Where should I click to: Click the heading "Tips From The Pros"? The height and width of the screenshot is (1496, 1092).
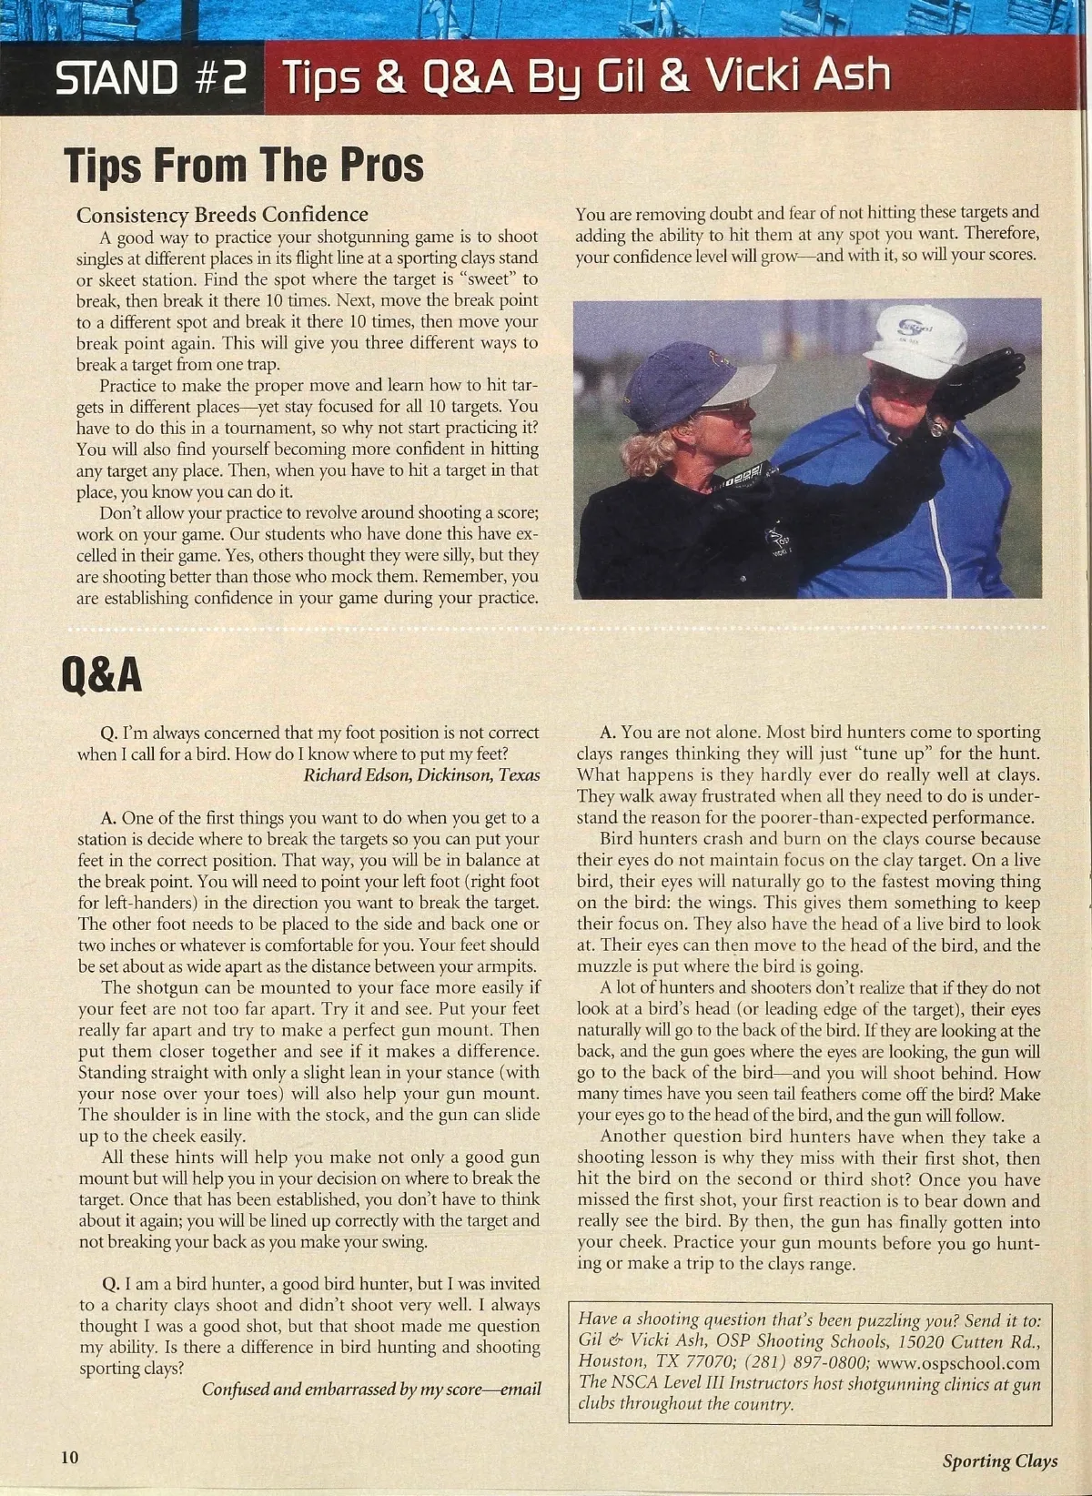[x=244, y=166]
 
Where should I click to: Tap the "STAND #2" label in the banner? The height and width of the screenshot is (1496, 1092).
[x=150, y=78]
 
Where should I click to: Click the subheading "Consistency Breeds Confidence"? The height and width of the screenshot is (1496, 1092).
[x=222, y=215]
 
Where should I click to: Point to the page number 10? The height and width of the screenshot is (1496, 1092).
[x=70, y=1457]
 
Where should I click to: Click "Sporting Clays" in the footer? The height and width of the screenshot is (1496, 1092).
[x=999, y=1461]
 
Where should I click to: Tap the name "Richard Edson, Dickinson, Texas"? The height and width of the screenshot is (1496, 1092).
[x=421, y=775]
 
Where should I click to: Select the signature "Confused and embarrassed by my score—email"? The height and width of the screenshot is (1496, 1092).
[x=371, y=1390]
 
